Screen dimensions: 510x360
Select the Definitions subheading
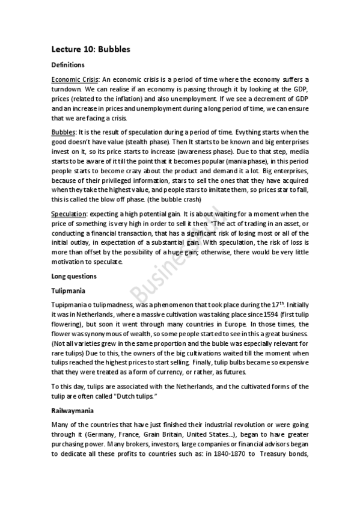point(67,65)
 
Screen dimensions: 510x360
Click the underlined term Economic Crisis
point(75,79)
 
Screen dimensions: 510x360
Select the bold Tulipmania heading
point(69,290)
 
